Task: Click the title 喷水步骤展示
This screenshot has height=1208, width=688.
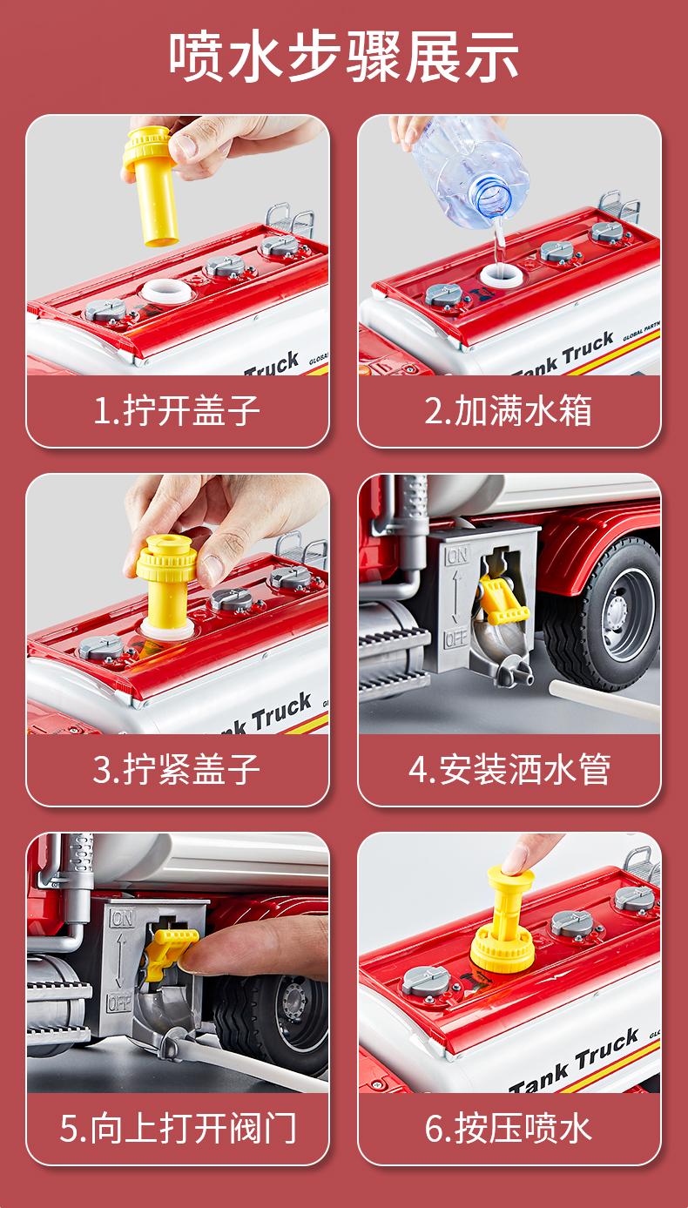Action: pos(343,57)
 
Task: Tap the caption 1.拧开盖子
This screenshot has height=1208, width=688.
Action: pos(177,411)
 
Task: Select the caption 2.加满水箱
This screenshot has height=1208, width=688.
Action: pos(509,411)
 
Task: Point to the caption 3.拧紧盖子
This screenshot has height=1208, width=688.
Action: pos(177,770)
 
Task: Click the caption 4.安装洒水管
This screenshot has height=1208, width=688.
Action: pos(509,770)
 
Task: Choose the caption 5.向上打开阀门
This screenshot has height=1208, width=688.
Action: pos(178,1128)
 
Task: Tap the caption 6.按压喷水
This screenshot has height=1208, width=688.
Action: pos(509,1128)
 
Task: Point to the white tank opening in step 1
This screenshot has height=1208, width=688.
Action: pos(166,292)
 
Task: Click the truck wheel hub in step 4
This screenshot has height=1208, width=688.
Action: pos(621,615)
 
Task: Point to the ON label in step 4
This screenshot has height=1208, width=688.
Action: pos(456,556)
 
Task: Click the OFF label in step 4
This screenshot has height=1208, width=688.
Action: pos(455,639)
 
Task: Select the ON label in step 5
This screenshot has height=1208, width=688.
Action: pos(123,918)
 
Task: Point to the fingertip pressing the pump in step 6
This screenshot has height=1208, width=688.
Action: pos(516,858)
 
